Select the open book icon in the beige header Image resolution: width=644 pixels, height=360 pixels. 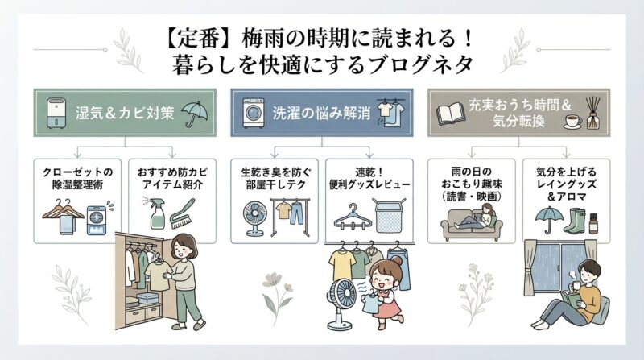coord(450,112)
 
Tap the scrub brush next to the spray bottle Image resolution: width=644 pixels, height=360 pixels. coord(179,214)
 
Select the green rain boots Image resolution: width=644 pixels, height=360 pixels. coord(576,220)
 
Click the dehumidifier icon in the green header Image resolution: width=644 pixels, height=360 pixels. coord(54,112)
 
